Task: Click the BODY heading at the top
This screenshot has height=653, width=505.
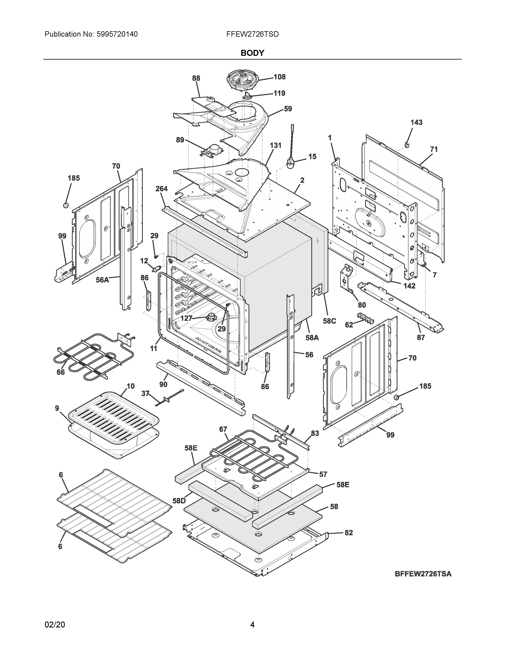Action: click(x=252, y=53)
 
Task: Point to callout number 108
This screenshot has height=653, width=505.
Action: click(x=279, y=77)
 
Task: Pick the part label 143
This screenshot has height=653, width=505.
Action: click(x=416, y=122)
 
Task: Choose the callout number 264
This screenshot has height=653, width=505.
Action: click(x=162, y=189)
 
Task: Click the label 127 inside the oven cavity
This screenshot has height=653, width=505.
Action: click(x=186, y=318)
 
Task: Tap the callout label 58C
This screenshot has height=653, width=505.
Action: click(x=329, y=321)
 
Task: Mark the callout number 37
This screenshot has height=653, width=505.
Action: click(x=145, y=394)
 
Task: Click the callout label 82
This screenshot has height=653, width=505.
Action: click(x=349, y=533)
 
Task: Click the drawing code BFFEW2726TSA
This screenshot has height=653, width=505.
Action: click(x=423, y=574)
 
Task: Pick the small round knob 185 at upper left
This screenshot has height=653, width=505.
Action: click(x=66, y=205)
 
